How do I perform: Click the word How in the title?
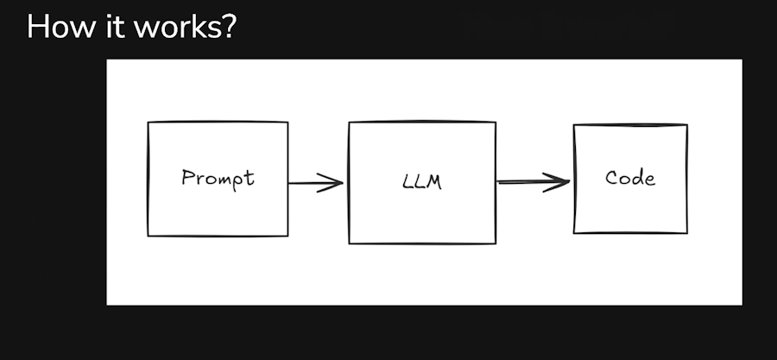pos(60,27)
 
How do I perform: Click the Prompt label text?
pos(218,179)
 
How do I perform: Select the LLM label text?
pos(422,182)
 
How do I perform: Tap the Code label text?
pos(630,177)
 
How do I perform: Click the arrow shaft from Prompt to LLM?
pos(315,183)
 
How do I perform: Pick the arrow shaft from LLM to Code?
pos(534,182)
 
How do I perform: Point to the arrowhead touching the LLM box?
pos(330,183)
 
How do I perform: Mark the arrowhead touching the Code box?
pos(557,182)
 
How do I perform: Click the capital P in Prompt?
pos(188,177)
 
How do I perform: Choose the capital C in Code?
pos(611,178)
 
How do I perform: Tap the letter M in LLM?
pos(433,182)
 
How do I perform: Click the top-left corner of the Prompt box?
pos(148,122)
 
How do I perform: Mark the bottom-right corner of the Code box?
pos(687,233)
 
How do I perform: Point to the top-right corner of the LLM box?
pos(496,122)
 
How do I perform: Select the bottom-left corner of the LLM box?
pos(350,243)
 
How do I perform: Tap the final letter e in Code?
pos(650,180)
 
